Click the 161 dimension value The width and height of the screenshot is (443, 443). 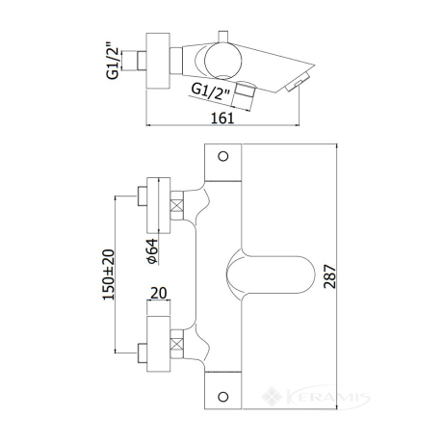click(x=222, y=117)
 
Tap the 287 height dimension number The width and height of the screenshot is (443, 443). click(x=329, y=276)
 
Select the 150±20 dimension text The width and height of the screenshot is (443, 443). click(x=108, y=274)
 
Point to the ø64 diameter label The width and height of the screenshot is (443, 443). click(x=152, y=251)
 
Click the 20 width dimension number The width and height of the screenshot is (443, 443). click(x=159, y=293)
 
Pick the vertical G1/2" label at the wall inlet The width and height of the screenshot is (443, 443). click(x=113, y=61)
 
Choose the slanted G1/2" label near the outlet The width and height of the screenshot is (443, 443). click(x=211, y=91)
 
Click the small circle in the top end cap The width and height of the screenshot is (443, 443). click(x=223, y=156)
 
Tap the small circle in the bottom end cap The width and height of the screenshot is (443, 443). click(x=223, y=397)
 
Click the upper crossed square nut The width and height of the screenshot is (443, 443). click(x=176, y=205)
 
